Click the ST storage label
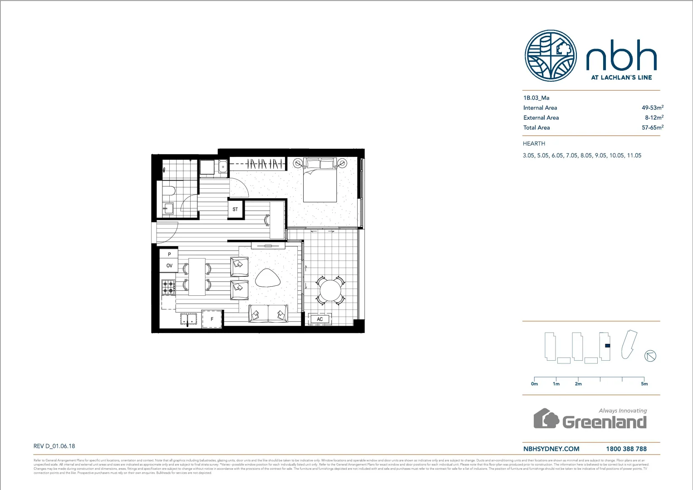coord(235,210)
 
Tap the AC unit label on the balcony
coord(320,319)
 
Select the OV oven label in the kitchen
coord(169,266)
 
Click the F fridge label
coord(212,319)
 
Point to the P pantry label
coord(169,255)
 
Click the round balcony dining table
coord(330,290)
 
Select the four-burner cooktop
coord(168,287)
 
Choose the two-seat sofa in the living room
coord(268,314)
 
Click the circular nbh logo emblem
coord(550,56)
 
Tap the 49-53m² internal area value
coord(652,108)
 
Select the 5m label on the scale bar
coord(644,384)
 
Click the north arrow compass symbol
coord(650,356)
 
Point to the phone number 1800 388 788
coord(626,449)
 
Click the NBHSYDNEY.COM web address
coord(551,449)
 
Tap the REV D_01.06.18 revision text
coord(54,446)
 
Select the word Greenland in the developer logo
coord(605,422)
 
